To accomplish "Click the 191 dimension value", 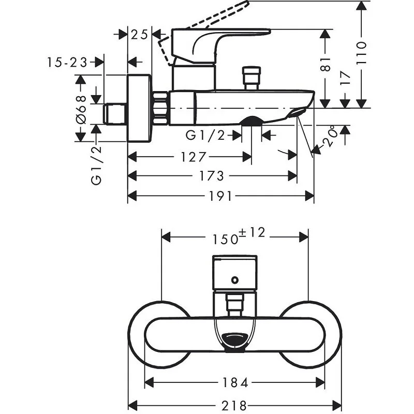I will (x=221, y=196).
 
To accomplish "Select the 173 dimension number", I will (x=212, y=176).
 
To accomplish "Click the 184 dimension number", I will (x=235, y=383).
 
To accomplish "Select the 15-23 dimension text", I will (x=67, y=63).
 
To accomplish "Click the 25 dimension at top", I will (x=139, y=35).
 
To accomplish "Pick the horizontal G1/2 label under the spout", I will (x=206, y=136).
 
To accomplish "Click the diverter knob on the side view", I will (x=252, y=78).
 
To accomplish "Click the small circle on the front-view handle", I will (x=235, y=281).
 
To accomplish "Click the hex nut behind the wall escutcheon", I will (x=161, y=108).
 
